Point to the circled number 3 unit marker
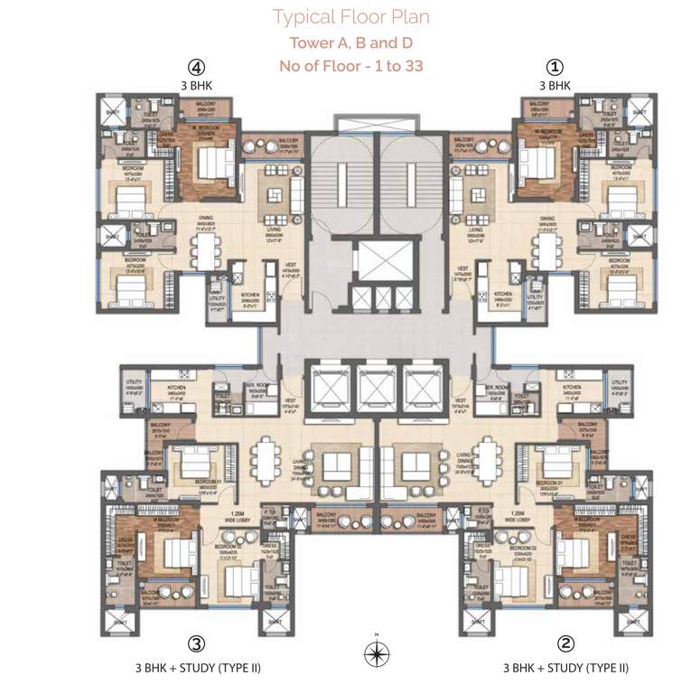(x=196, y=643)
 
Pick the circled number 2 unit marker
(x=564, y=643)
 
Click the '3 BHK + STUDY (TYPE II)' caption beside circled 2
(x=564, y=669)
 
